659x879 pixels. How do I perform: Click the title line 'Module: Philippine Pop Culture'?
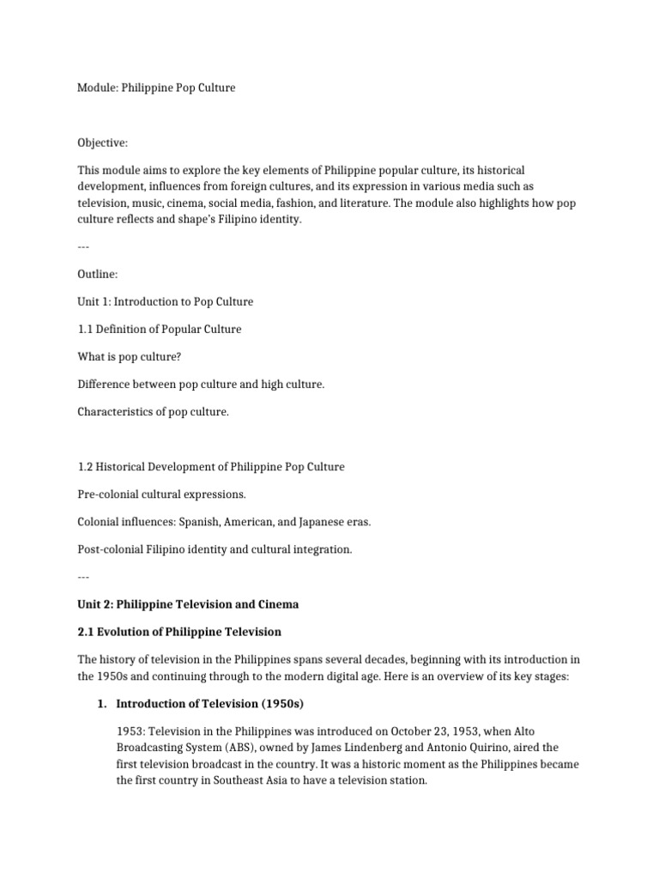(x=156, y=88)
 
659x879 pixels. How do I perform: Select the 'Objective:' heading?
(x=102, y=142)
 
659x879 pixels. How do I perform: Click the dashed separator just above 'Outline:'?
(x=83, y=247)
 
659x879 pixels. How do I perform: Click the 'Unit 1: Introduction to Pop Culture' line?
(x=166, y=302)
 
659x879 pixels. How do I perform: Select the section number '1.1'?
(x=86, y=330)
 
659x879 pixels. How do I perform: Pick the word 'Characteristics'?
(x=116, y=412)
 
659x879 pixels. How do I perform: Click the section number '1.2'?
(x=86, y=467)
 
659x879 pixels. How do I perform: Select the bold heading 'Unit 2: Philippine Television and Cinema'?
(x=189, y=604)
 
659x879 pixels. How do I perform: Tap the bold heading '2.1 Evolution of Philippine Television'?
(x=179, y=632)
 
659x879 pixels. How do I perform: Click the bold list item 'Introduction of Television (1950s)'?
(x=210, y=704)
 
